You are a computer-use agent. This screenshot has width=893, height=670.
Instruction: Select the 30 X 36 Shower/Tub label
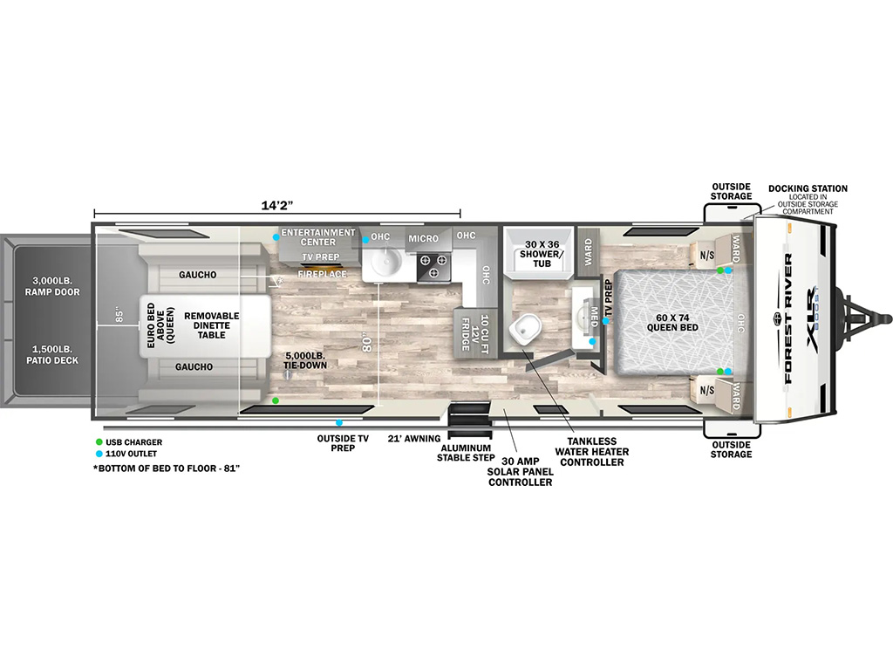click(x=542, y=252)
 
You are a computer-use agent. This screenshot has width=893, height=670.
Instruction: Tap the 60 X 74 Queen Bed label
click(x=670, y=322)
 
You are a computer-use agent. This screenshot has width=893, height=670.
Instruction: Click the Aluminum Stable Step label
click(x=467, y=452)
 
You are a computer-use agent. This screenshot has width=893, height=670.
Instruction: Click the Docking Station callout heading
click(x=807, y=188)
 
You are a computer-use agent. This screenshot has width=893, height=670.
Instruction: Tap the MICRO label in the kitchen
click(x=423, y=238)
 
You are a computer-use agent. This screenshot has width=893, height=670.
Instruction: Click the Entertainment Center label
click(x=317, y=237)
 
